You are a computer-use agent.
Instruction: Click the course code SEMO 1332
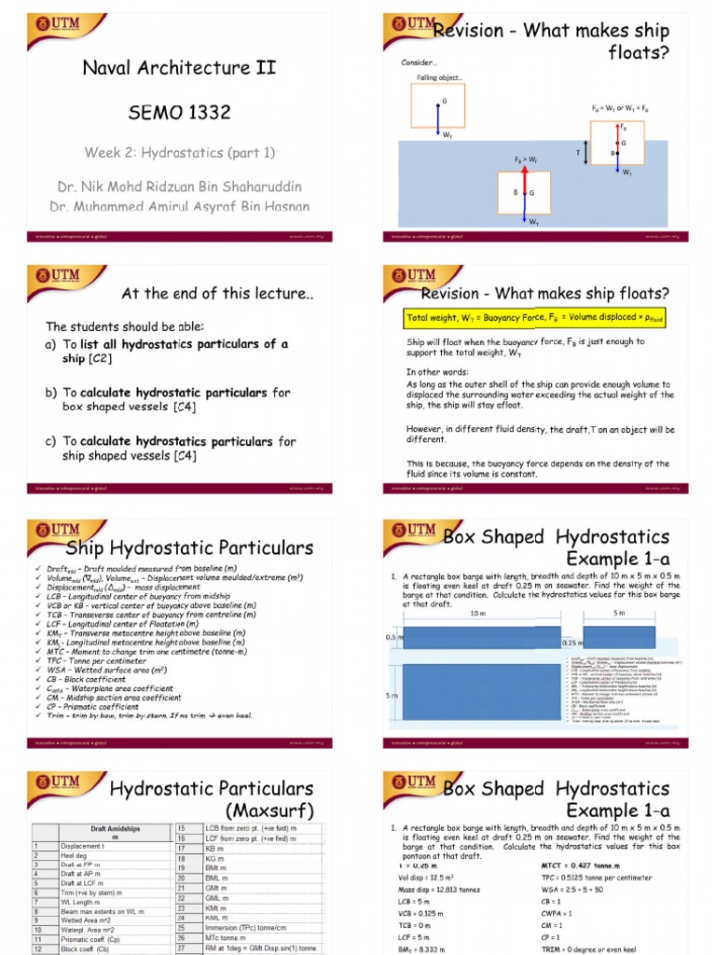(x=180, y=113)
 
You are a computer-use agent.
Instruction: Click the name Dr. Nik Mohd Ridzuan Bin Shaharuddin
(x=180, y=185)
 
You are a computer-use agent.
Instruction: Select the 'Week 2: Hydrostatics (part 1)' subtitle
(x=180, y=152)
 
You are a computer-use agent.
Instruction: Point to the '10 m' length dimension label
(x=478, y=615)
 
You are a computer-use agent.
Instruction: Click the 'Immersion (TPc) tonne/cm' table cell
(x=248, y=928)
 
